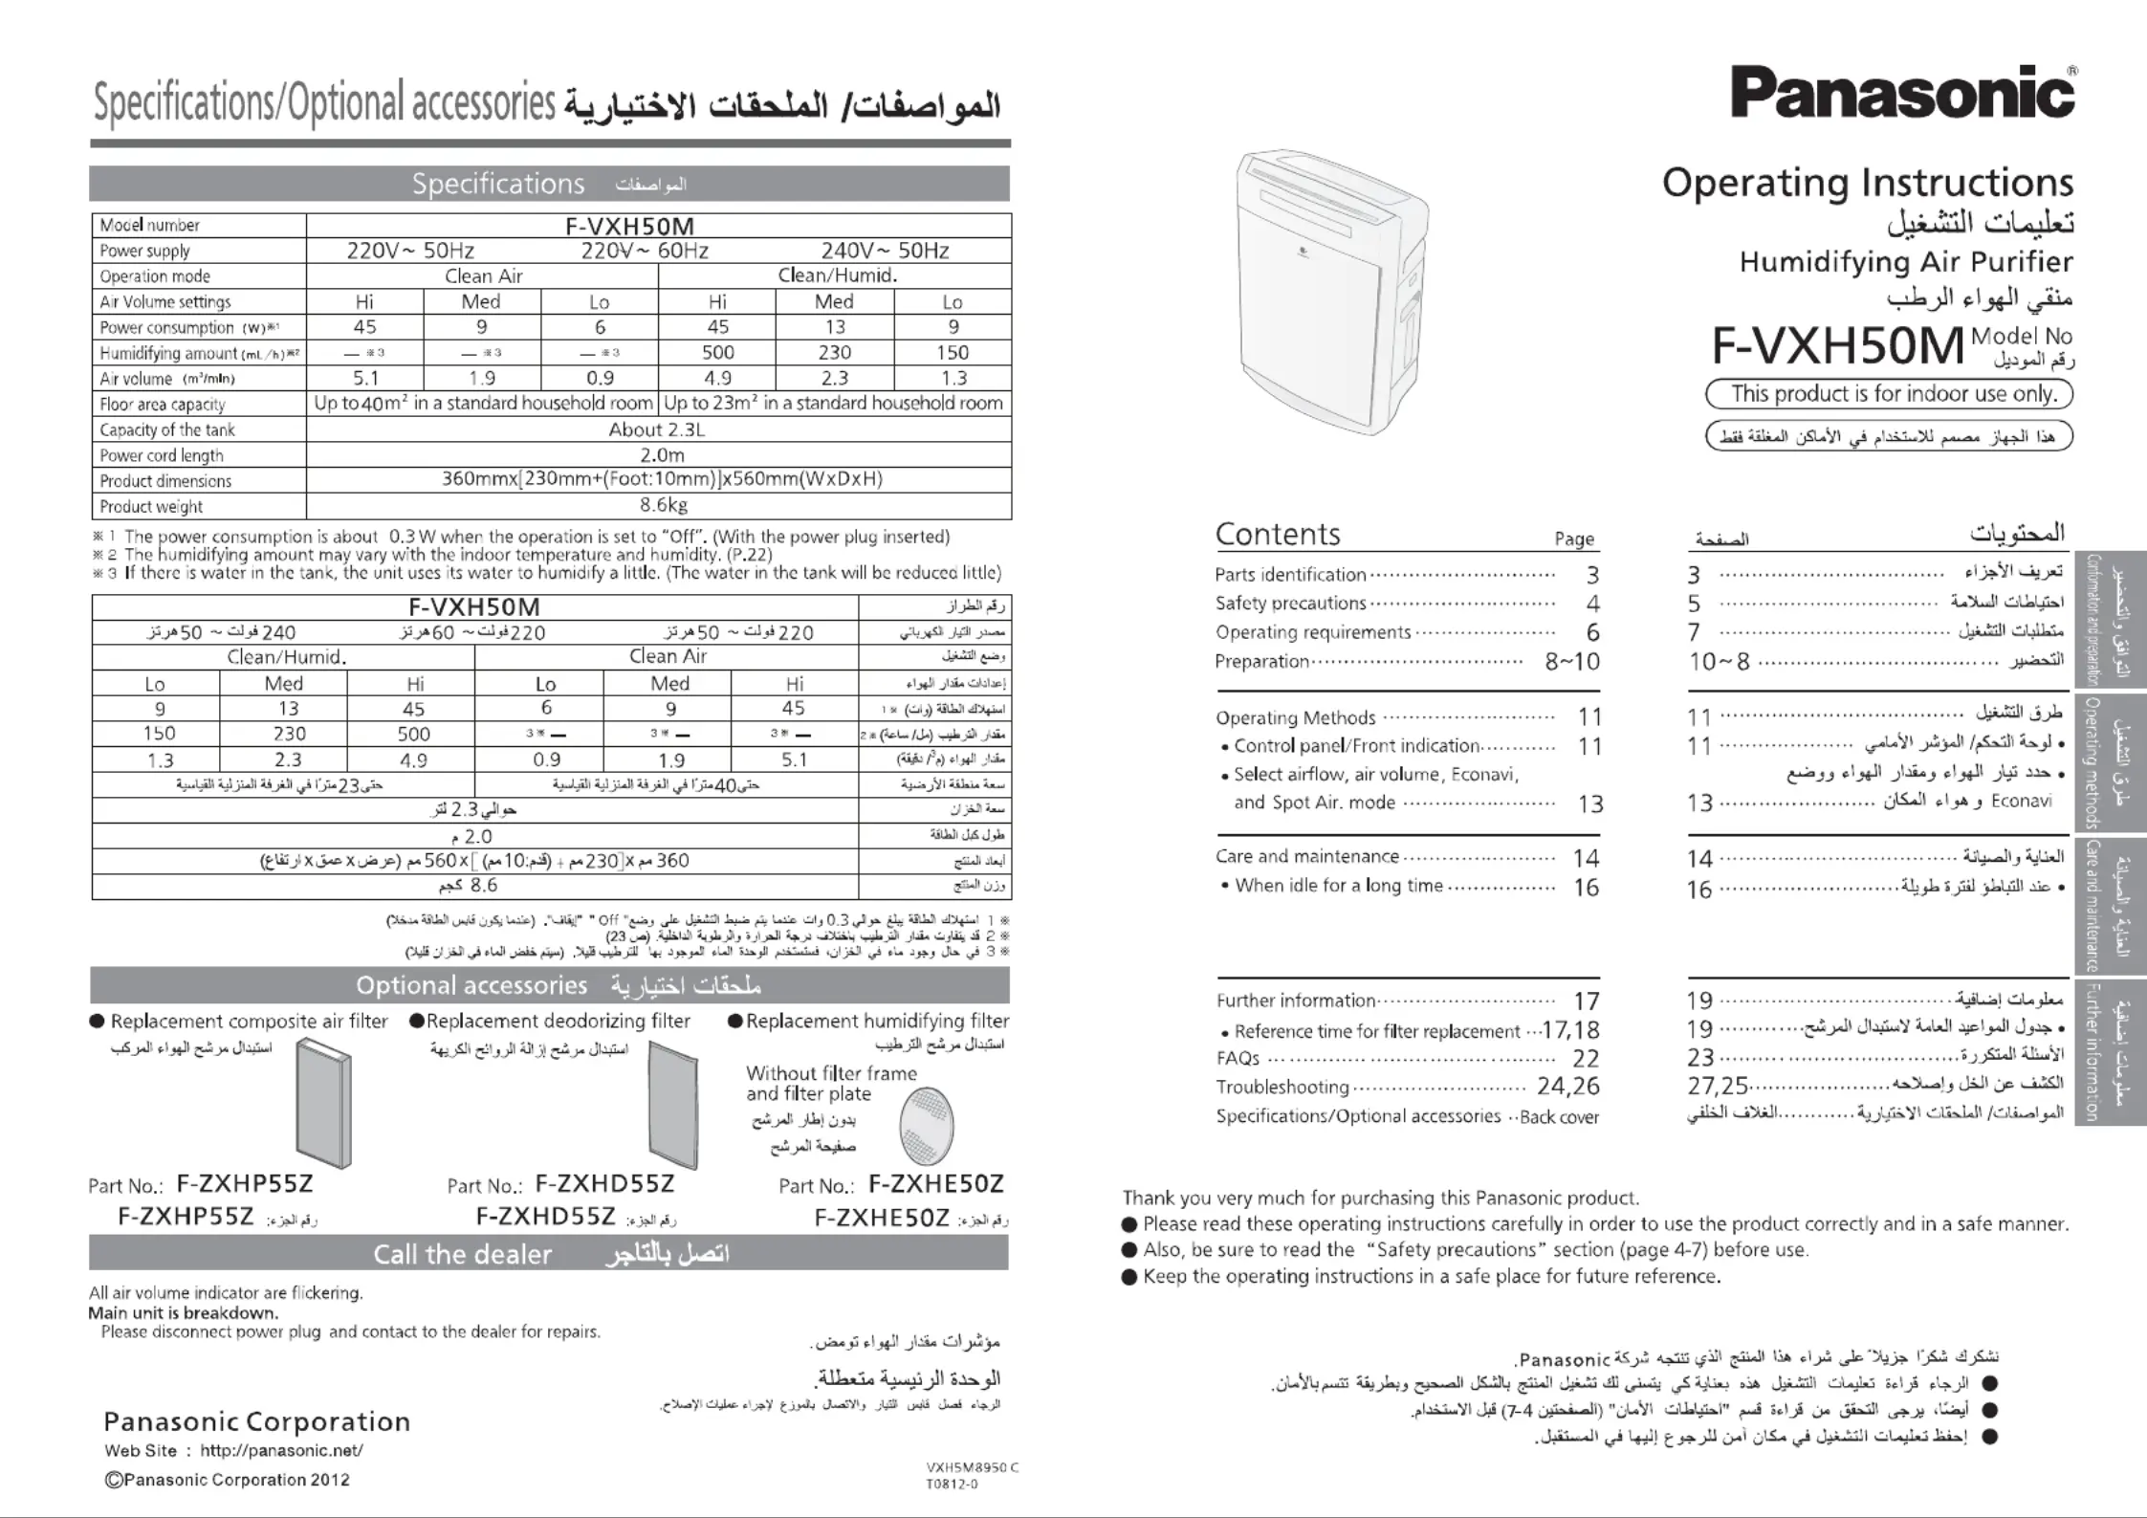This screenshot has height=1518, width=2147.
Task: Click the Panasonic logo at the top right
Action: click(1902, 94)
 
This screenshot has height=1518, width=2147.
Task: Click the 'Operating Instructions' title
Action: click(1867, 183)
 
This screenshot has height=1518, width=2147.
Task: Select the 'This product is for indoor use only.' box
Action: click(1889, 394)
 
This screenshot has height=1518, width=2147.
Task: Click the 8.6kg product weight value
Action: click(663, 505)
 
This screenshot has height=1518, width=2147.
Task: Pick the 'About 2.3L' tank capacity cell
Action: click(657, 429)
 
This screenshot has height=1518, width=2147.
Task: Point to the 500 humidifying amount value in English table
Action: click(717, 352)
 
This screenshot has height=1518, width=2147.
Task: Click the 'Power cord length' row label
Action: click(162, 455)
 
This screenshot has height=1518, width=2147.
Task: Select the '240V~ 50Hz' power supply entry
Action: click(885, 251)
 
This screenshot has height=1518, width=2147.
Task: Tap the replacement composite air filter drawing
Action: click(324, 1104)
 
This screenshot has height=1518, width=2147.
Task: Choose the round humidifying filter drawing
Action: click(926, 1126)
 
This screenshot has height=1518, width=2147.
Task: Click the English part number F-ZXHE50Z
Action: click(935, 1184)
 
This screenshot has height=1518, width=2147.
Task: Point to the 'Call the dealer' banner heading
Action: click(462, 1254)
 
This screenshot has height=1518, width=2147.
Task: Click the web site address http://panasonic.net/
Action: click(281, 1450)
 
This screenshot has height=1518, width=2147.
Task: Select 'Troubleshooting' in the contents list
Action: click(1282, 1087)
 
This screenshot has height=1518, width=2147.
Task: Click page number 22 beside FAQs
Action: click(1585, 1058)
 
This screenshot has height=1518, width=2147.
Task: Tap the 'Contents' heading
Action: click(1278, 534)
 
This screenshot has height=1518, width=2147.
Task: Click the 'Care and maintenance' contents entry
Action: click(1306, 856)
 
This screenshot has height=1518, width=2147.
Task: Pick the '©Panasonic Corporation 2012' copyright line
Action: click(228, 1480)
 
